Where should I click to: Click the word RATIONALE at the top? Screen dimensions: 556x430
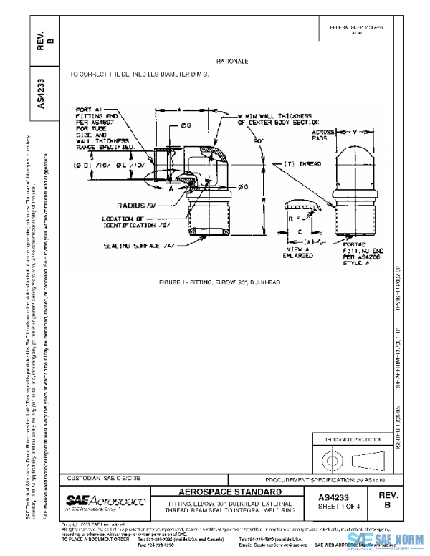pos(231,62)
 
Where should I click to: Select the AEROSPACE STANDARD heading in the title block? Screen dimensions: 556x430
pos(229,494)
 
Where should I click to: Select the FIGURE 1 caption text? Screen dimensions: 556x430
pos(219,283)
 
